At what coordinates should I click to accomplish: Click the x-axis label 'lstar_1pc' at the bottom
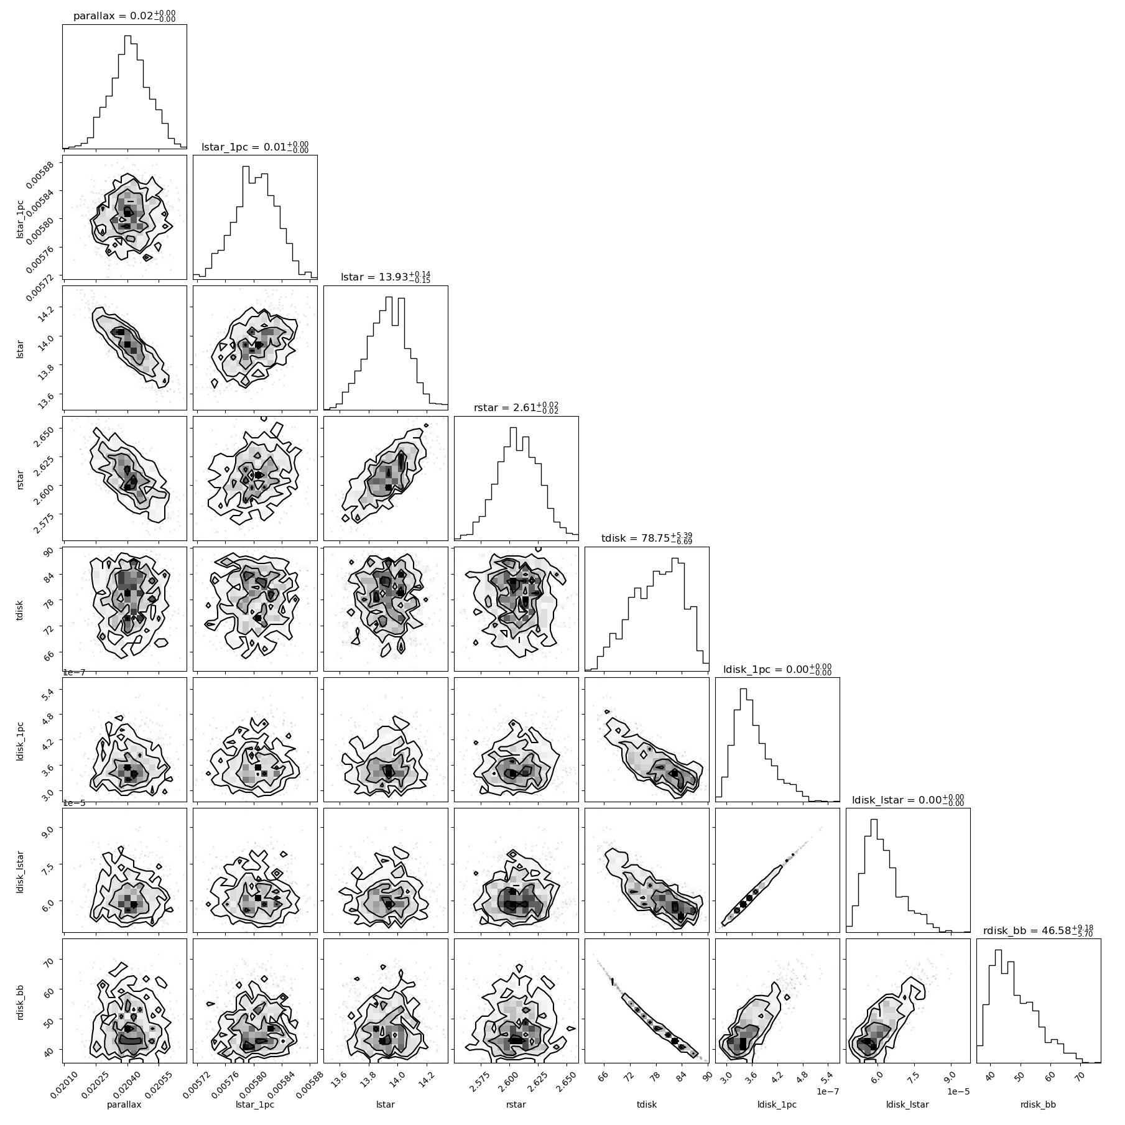point(255,1104)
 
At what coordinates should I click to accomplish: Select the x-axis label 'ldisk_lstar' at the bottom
point(908,1104)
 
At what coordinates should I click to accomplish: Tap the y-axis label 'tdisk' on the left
point(20,609)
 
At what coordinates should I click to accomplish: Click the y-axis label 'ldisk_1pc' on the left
point(20,740)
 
